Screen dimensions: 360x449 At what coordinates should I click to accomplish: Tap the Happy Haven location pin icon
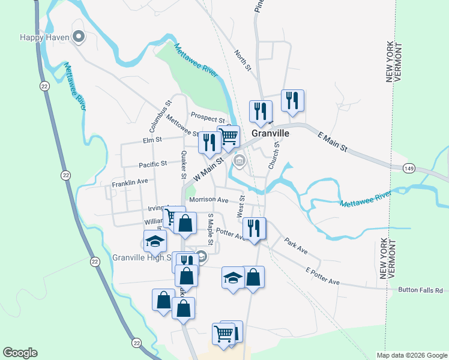click(79, 37)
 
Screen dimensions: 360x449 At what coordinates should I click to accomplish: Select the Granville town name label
click(270, 133)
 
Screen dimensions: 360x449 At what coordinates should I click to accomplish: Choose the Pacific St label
click(152, 164)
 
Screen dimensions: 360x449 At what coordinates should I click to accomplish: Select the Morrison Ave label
click(209, 200)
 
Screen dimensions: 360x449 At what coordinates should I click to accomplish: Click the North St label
click(243, 61)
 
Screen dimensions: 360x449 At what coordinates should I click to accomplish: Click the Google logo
click(20, 353)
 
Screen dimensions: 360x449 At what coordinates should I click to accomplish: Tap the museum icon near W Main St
click(240, 160)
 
